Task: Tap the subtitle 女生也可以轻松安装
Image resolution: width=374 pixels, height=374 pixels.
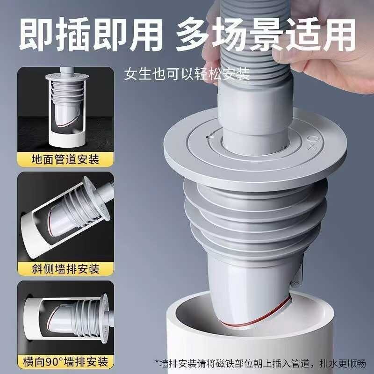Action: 187,74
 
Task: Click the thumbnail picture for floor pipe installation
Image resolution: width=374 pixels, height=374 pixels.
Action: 65,110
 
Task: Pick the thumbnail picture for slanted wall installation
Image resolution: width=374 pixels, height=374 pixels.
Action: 65,217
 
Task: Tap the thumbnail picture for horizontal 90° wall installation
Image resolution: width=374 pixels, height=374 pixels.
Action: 65,318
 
